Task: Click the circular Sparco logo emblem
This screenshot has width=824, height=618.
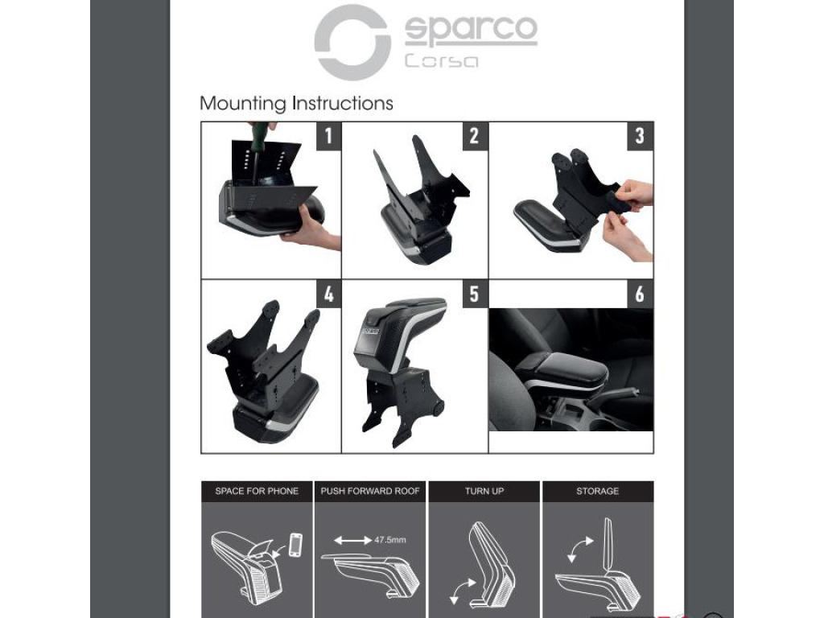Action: coord(352,42)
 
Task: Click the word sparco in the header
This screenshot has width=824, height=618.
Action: coord(471,29)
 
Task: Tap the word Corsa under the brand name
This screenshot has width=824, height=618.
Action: coord(442,61)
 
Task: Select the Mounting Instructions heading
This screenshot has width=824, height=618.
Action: coord(296,103)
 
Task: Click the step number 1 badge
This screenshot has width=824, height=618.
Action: coord(328,136)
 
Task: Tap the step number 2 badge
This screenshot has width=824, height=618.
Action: coord(474,136)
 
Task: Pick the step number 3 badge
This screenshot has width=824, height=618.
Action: coord(640,136)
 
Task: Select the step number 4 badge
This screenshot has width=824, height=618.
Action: coord(328,294)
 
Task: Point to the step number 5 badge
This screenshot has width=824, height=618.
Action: coord(474,294)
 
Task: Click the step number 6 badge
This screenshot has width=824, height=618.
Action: coord(640,294)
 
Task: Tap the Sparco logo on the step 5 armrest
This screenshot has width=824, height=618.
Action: coord(370,331)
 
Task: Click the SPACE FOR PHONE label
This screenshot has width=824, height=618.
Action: coord(257,492)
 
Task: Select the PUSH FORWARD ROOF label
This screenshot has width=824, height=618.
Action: coord(370,492)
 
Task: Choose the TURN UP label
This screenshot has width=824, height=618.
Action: coord(484,492)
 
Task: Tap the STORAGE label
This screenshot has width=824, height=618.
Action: coord(598,492)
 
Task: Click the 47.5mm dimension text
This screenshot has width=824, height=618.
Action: coord(390,540)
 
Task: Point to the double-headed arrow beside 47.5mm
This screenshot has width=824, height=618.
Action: coord(352,540)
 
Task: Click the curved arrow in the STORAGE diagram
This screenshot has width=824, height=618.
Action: coord(579,549)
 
